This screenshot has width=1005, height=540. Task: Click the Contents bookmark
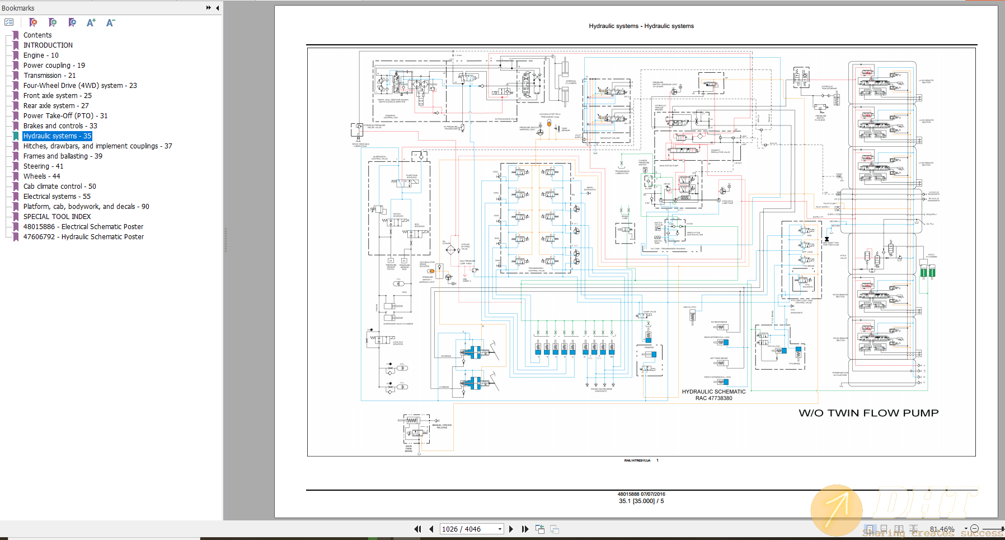click(37, 35)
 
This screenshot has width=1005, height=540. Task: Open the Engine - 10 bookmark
click(41, 55)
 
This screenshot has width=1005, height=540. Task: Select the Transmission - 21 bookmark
click(49, 75)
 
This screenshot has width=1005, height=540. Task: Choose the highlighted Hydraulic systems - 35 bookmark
click(57, 136)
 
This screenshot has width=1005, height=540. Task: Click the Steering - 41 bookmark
click(43, 166)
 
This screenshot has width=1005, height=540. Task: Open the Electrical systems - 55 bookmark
click(57, 196)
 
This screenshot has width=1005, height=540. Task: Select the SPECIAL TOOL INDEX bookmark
click(57, 216)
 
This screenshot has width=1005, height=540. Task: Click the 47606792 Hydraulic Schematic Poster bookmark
click(83, 236)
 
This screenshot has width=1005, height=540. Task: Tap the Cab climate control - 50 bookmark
click(59, 186)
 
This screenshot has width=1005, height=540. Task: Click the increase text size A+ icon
click(91, 22)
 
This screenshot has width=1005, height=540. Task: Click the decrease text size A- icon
click(110, 22)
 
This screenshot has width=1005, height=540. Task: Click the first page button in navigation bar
click(417, 529)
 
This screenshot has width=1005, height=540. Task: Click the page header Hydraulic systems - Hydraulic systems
click(641, 26)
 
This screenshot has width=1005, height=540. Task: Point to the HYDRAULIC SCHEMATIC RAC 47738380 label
click(713, 395)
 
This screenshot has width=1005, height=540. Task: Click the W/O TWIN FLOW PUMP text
click(868, 413)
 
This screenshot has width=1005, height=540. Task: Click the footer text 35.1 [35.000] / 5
click(641, 501)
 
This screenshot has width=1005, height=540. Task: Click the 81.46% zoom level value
click(942, 529)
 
